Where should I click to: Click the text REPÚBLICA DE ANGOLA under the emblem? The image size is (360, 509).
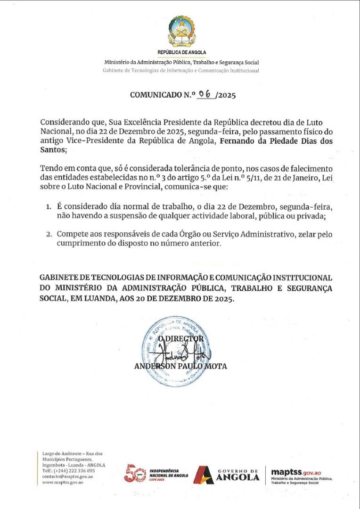181,52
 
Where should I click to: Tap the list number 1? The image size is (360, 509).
48,207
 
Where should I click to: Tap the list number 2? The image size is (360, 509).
48,234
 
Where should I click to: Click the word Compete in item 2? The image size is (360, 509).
71,234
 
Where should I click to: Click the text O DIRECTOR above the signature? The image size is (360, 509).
181,339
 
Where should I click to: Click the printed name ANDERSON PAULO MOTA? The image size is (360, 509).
180,366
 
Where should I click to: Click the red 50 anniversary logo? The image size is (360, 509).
135,473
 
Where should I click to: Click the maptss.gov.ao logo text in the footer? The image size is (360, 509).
296,472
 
